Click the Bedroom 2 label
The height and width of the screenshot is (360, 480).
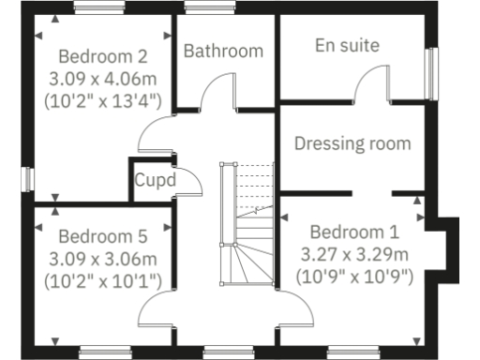(x=103, y=54)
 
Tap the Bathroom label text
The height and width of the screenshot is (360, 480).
(x=223, y=51)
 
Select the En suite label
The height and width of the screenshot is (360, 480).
(x=347, y=45)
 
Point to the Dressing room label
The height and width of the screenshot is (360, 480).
(x=352, y=143)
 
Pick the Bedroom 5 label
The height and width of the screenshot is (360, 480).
(x=103, y=236)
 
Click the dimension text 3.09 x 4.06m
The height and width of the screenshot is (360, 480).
(x=103, y=76)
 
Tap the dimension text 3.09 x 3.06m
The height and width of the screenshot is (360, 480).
(x=103, y=258)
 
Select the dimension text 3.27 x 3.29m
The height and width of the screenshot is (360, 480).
(x=354, y=254)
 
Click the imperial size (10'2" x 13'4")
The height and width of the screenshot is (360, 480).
(x=103, y=97)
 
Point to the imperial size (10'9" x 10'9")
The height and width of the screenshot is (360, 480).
(x=354, y=276)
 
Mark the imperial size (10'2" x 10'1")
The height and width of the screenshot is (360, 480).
(x=103, y=279)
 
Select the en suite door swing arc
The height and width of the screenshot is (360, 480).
(x=367, y=82)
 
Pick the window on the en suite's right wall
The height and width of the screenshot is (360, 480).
(x=431, y=72)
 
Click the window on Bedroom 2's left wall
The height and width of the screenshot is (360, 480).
(x=28, y=178)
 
